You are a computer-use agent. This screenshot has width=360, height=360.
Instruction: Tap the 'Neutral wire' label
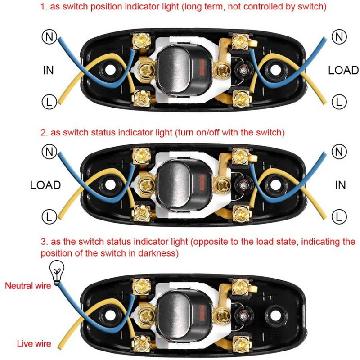click(27, 285)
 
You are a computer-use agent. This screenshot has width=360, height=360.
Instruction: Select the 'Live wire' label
click(34, 344)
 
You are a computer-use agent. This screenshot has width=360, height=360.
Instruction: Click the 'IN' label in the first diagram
click(49, 70)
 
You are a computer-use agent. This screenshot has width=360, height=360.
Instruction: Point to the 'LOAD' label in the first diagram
click(343, 70)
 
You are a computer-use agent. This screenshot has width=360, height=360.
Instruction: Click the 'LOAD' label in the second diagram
click(45, 185)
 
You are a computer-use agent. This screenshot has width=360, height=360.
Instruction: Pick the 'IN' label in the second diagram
click(341, 185)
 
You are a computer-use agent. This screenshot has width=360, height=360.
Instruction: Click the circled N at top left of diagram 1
click(49, 36)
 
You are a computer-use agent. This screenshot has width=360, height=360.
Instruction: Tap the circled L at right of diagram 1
click(339, 102)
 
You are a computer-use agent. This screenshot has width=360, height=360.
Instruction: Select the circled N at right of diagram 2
click(339, 152)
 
